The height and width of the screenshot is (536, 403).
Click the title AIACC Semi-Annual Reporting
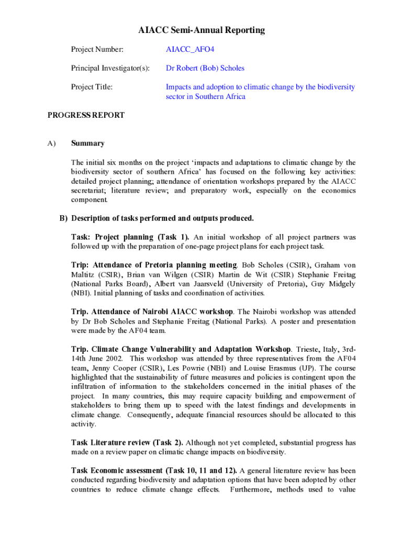(201, 30)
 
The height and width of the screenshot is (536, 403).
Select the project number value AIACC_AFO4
(190, 50)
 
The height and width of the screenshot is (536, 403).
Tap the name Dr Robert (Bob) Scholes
(205, 68)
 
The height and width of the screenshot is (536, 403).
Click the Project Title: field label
(92, 87)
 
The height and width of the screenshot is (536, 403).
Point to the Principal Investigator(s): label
(110, 68)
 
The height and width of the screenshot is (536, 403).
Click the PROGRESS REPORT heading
(86, 115)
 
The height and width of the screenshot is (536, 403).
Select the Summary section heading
(87, 143)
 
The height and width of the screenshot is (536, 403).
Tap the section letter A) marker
(51, 143)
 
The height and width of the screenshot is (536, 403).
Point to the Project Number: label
(97, 50)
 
